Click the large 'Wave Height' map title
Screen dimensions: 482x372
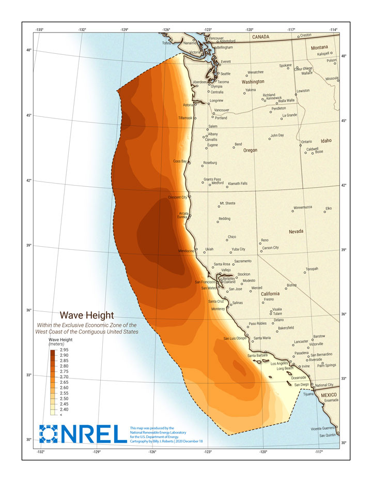click(x=87, y=315)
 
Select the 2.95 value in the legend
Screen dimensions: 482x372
click(x=64, y=350)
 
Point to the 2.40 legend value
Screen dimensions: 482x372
click(x=64, y=409)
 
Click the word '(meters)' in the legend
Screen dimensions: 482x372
click(x=57, y=343)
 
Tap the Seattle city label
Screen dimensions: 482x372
click(x=226, y=74)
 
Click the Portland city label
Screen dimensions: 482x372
click(x=221, y=118)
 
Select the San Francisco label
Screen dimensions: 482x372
click(x=205, y=282)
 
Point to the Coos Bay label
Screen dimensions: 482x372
click(x=180, y=161)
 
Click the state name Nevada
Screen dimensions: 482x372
click(x=296, y=231)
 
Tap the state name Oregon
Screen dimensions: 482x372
click(x=250, y=150)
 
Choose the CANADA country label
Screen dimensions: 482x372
click(x=261, y=37)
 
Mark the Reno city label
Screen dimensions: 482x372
click(x=265, y=240)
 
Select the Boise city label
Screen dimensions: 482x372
click(x=319, y=152)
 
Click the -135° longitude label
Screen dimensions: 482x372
click(x=39, y=30)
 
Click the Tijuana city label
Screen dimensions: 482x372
click(x=308, y=394)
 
